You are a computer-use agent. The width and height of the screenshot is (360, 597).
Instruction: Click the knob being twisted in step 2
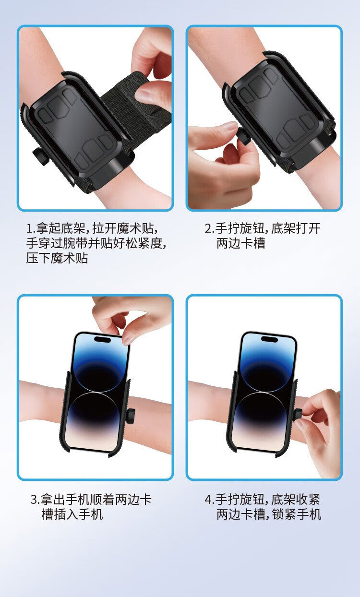tap(244, 136)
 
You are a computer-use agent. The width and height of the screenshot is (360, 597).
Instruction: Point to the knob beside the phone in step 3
tap(130, 416)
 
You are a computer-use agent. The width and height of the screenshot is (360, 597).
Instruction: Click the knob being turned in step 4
tap(298, 416)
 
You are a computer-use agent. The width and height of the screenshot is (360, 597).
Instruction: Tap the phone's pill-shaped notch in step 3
tap(103, 339)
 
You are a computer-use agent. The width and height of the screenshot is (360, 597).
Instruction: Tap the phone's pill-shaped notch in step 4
tap(270, 339)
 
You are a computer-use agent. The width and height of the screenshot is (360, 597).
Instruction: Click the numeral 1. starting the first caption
tap(31, 228)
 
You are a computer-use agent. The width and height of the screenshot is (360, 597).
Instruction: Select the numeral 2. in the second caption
tap(210, 228)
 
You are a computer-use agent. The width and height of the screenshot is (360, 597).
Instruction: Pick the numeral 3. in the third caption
tap(35, 499)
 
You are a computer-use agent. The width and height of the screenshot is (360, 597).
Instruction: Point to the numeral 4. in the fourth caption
tap(210, 499)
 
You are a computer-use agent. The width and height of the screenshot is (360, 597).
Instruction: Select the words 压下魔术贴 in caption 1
tap(57, 258)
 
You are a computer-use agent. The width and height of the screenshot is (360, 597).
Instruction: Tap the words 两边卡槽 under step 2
tap(241, 243)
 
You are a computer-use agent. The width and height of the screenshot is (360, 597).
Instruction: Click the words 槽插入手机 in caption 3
tap(72, 514)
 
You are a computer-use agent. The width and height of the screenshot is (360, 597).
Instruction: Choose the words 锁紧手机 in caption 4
tap(297, 514)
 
